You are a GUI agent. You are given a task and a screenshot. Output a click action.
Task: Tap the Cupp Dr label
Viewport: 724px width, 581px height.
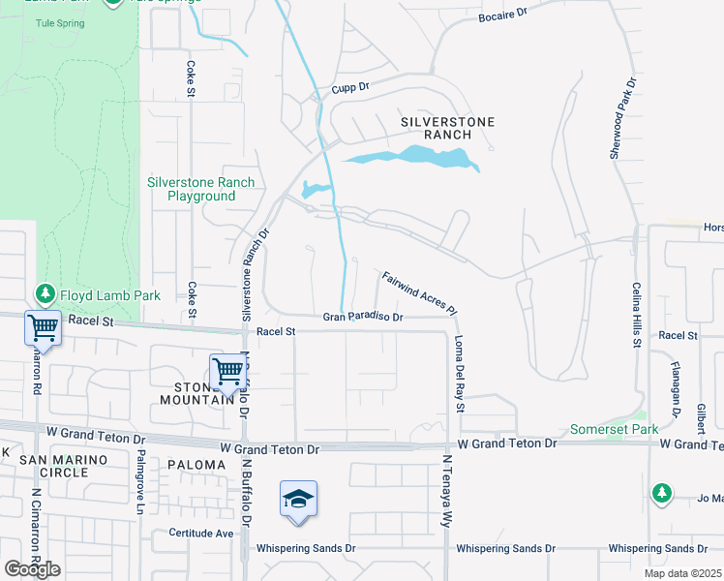(x=350, y=87)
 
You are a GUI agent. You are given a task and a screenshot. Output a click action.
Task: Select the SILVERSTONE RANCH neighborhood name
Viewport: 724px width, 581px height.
(x=448, y=129)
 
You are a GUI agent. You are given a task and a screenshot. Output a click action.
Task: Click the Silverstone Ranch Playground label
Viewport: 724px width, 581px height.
(x=200, y=189)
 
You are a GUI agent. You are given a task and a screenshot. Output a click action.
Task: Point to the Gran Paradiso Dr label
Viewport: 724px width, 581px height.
(x=362, y=317)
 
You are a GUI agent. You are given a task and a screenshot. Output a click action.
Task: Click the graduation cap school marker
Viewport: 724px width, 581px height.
(x=299, y=500)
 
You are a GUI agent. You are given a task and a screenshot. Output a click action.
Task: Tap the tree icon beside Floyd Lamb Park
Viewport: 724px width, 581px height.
(x=45, y=292)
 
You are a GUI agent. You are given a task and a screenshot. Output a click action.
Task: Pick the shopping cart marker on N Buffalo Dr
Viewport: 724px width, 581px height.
(x=227, y=370)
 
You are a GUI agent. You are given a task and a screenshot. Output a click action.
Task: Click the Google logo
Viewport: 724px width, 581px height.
(x=33, y=569)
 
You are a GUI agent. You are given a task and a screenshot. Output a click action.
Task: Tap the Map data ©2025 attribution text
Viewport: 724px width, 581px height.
(x=681, y=573)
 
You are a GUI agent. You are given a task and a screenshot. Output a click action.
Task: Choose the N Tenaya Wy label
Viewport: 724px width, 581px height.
(x=447, y=491)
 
